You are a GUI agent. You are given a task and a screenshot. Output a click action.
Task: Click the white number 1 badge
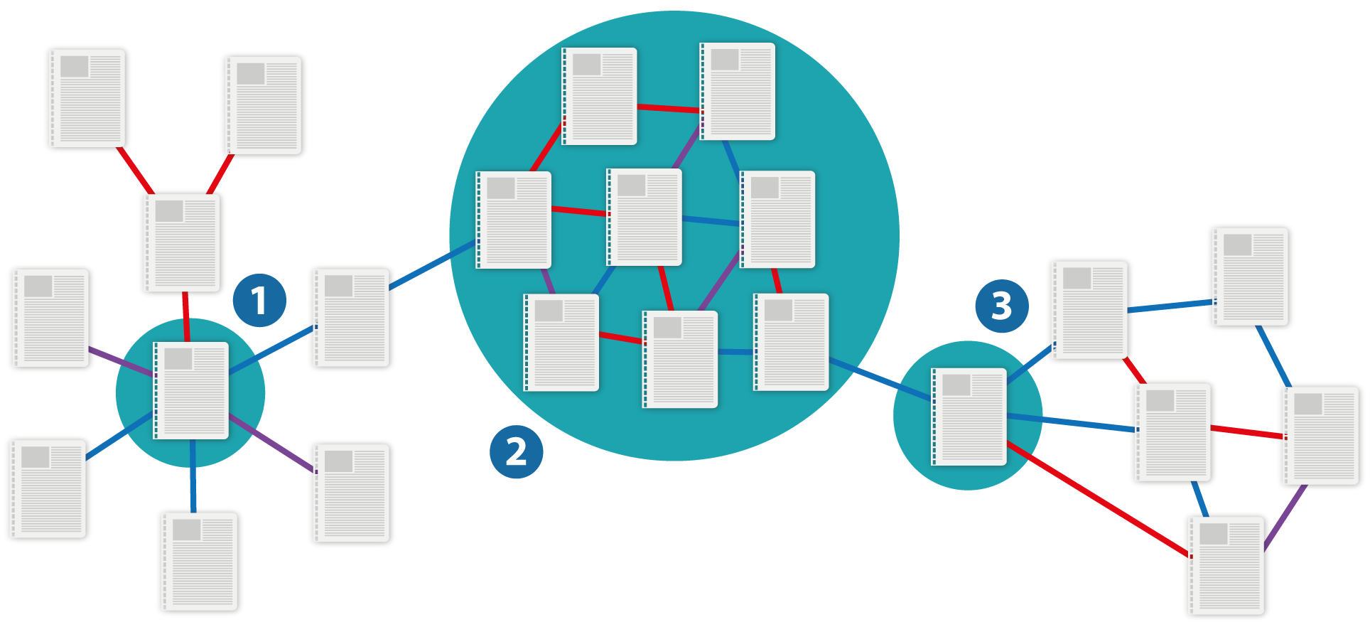259,301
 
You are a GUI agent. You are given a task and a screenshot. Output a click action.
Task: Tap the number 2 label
516,451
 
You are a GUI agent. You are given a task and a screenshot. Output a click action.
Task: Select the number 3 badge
1001,306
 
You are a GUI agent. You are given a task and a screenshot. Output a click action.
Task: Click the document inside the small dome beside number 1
191,390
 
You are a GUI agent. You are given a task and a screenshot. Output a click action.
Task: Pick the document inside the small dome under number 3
969,417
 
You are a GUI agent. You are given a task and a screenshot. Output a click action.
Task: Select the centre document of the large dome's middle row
644,217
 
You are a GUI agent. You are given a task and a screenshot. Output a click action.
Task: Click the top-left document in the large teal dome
599,96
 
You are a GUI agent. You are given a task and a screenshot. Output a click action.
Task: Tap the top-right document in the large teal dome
738,91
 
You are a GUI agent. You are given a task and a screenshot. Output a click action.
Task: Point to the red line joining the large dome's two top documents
668,109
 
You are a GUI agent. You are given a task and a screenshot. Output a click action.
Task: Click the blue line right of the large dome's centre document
711,221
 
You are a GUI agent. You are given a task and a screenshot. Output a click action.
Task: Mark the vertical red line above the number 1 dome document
186,316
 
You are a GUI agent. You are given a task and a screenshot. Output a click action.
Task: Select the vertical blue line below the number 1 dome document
193,473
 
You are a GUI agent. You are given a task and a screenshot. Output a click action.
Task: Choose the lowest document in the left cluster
200,562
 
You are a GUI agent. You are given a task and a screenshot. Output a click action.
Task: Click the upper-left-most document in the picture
87,98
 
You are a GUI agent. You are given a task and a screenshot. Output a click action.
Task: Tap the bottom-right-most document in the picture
1226,566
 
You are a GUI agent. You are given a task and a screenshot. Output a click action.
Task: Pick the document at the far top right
1250,277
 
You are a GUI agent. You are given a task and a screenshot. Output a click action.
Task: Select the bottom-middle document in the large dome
680,359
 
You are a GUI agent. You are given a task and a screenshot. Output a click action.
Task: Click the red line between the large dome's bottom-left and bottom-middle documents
621,338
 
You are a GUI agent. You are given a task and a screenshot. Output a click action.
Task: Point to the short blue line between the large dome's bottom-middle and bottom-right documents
735,352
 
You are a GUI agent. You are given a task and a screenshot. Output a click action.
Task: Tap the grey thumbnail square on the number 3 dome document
956,385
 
